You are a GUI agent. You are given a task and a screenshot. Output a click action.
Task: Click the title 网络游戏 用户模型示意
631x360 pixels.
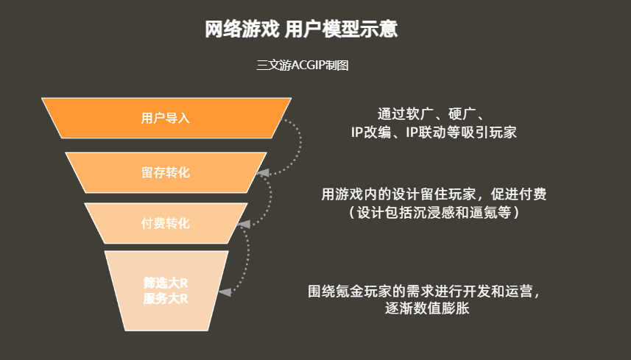(x=302, y=29)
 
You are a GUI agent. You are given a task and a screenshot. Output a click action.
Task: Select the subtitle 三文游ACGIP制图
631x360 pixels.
(x=302, y=65)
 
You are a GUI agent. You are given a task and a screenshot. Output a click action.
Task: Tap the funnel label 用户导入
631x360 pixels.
(x=166, y=118)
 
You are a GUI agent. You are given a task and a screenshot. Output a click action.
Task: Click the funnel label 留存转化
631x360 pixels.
(x=166, y=172)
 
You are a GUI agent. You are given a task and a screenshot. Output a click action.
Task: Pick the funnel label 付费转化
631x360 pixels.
(x=166, y=223)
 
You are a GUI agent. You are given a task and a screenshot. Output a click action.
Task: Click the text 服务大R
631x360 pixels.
(x=166, y=299)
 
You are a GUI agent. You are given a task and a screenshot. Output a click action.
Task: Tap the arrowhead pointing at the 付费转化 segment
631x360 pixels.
(x=247, y=223)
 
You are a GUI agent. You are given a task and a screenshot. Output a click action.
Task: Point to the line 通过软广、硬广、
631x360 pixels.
(x=430, y=116)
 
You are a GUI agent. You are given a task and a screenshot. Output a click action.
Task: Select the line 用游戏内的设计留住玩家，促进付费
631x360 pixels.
(x=434, y=194)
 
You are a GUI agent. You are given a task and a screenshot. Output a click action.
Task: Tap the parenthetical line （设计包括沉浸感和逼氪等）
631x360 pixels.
(x=434, y=212)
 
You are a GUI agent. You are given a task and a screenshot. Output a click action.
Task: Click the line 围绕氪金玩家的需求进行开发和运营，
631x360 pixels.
(x=425, y=292)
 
